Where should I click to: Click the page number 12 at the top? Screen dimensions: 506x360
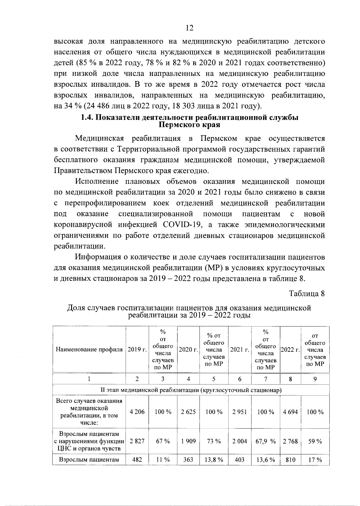click(x=190, y=28)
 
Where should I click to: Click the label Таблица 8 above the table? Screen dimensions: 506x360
click(x=307, y=293)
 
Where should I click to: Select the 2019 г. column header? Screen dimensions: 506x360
click(x=137, y=350)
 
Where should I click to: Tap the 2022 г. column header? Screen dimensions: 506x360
click(x=290, y=350)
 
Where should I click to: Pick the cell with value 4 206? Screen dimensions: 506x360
click(x=137, y=412)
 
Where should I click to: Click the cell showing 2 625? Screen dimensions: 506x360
click(x=188, y=412)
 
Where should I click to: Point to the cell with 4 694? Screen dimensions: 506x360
click(x=290, y=412)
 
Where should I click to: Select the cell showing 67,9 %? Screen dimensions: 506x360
click(x=265, y=441)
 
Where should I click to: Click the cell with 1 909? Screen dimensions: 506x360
click(x=188, y=441)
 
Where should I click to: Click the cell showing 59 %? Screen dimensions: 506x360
click(x=315, y=441)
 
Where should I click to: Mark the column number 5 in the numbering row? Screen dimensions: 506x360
click(x=214, y=379)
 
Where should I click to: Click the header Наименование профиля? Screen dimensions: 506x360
click(x=89, y=350)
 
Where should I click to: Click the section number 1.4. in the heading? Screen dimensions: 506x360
click(x=88, y=118)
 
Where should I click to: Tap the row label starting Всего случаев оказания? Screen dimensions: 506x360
click(x=89, y=401)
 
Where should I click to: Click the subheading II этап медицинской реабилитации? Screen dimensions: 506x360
click(x=191, y=390)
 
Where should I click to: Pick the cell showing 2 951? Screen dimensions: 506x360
click(x=239, y=412)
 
